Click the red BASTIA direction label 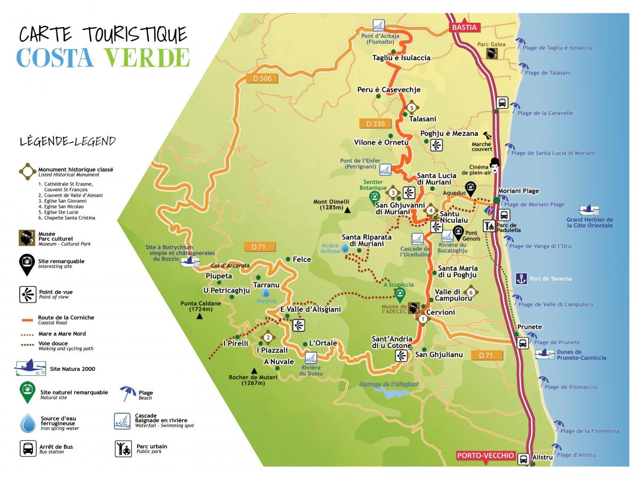(x=464, y=27)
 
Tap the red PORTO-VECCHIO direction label (x=485, y=456)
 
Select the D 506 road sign (x=262, y=78)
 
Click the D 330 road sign (x=375, y=124)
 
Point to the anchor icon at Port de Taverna (x=521, y=279)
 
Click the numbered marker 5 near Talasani (x=411, y=108)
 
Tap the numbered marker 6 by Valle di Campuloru (x=470, y=292)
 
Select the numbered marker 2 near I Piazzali (x=268, y=338)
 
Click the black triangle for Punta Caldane (x=199, y=316)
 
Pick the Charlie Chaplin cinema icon (x=494, y=166)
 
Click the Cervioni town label (x=441, y=312)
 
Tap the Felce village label (x=302, y=259)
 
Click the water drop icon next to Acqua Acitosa (x=345, y=248)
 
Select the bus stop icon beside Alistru (x=523, y=459)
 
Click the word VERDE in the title (x=147, y=58)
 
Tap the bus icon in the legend (x=28, y=448)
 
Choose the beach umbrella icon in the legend (x=127, y=393)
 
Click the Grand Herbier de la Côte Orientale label (x=589, y=223)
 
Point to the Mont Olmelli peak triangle (x=347, y=210)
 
